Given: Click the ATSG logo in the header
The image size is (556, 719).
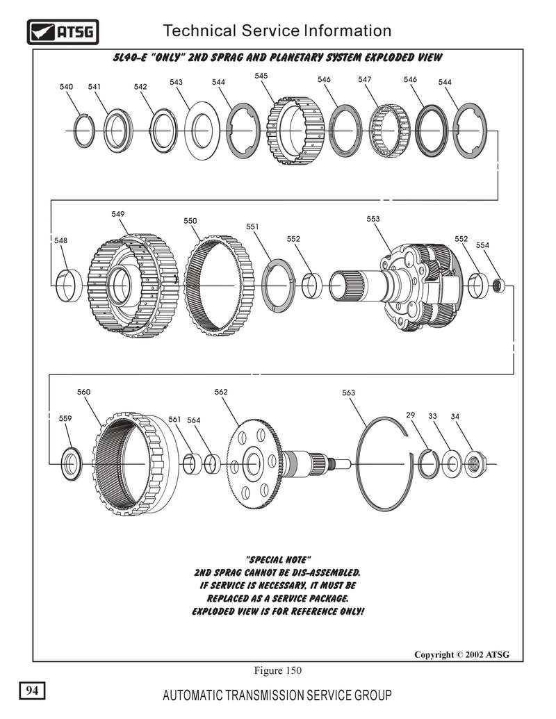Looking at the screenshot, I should coord(63,31).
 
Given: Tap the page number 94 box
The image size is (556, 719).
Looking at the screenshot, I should coord(32,690).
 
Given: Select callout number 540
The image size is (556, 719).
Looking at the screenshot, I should coord(66,87).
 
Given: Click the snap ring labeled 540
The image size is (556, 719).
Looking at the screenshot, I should coord(84,131).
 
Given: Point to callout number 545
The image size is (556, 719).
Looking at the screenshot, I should coord(261,75).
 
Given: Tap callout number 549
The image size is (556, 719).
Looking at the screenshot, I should coord(117,214).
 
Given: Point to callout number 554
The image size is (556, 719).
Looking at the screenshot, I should coord(482,245).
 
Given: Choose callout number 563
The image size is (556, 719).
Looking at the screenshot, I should coord(349,393).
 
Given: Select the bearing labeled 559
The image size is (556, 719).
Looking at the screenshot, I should coord(70,464).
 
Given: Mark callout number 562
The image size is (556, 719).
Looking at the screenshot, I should coord(221,392).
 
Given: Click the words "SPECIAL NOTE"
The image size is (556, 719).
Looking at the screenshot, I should coord(278,560).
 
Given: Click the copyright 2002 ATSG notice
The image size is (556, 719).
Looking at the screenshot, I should coord(461,654).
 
